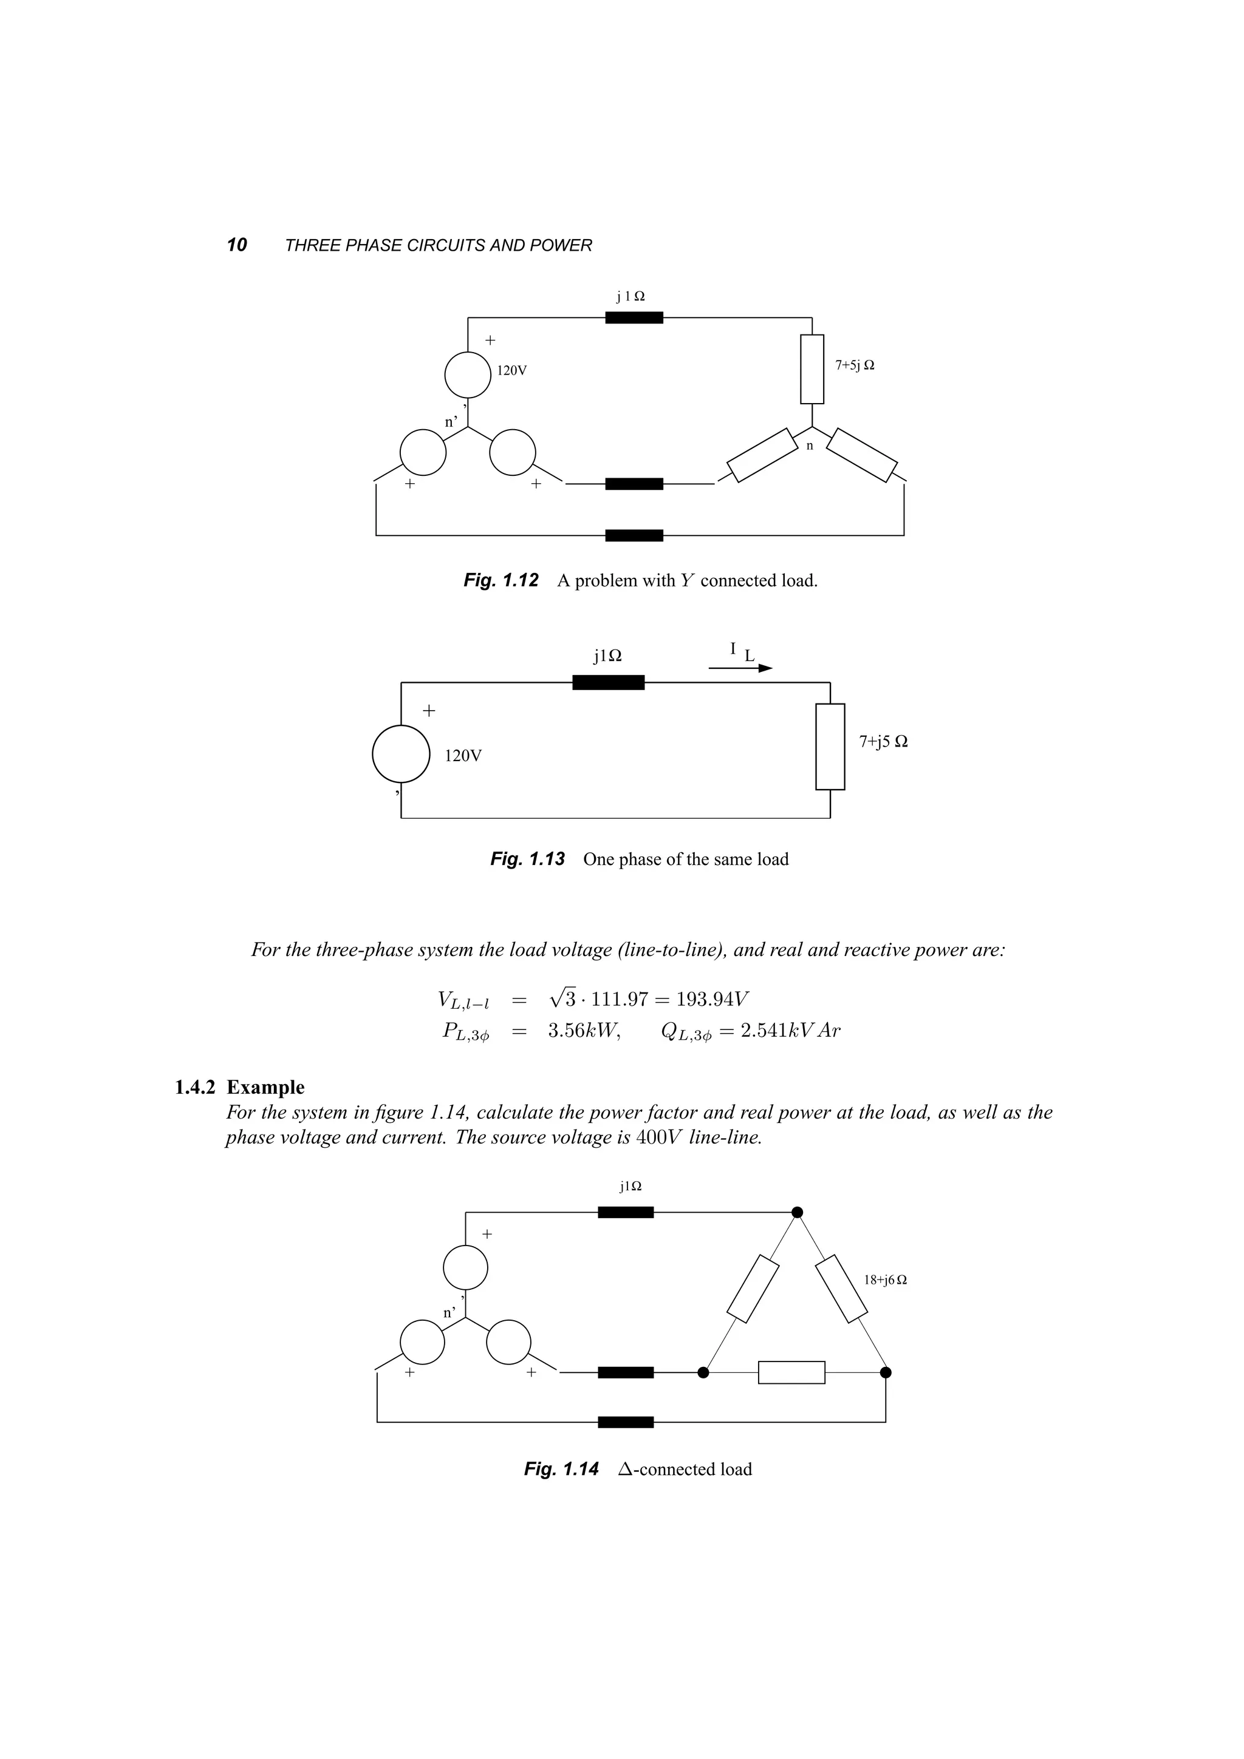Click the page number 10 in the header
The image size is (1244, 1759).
pos(237,245)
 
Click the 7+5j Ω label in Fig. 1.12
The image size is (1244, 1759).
pos(855,365)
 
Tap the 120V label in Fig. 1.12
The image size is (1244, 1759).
pos(512,371)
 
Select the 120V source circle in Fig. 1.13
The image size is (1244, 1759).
pos(401,754)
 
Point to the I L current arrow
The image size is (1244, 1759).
pos(740,667)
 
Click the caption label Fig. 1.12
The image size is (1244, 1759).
pos(501,581)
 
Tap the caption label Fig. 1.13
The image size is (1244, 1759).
pos(527,859)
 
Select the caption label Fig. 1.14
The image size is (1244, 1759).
pos(561,1469)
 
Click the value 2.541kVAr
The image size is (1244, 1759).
pos(790,1031)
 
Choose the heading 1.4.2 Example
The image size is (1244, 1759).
pos(239,1088)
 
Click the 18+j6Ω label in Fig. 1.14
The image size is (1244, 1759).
pos(885,1280)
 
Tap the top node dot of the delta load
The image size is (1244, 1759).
pos(797,1212)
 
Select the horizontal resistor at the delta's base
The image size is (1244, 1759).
pos(792,1373)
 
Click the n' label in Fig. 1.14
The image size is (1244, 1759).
pos(450,1313)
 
